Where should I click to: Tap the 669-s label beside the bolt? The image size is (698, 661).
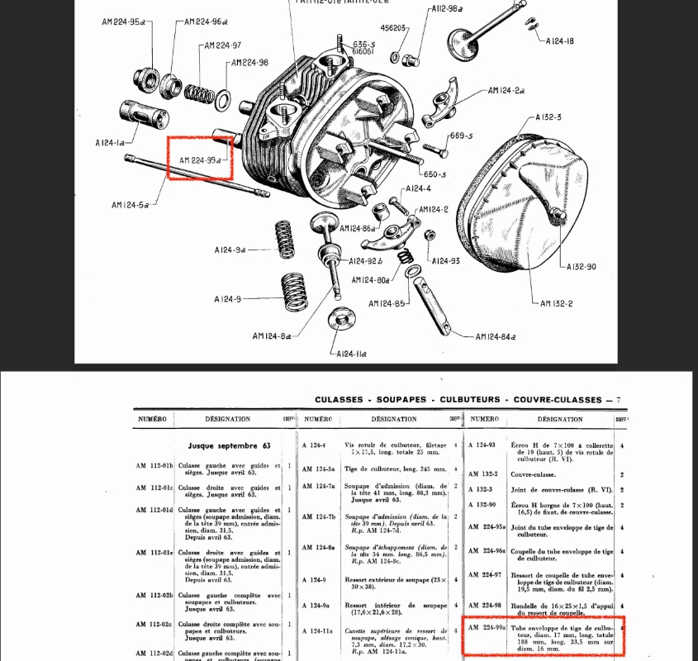point(460,136)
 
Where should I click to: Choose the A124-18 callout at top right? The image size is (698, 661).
point(559,40)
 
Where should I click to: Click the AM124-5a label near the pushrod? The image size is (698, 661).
point(130,205)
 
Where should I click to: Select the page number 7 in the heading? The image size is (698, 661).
point(618,400)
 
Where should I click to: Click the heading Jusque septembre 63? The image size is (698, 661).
point(230,445)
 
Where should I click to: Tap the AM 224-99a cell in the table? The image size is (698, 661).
point(487,628)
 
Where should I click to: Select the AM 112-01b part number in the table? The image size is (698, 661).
point(154,466)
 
